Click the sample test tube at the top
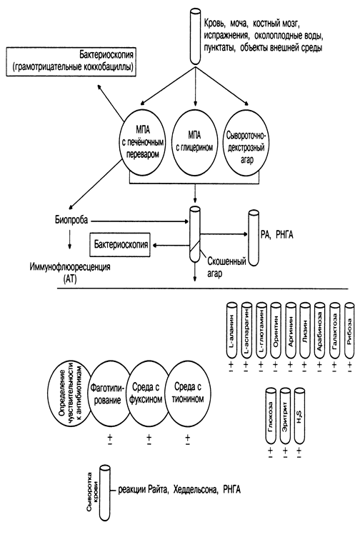(x=195, y=36)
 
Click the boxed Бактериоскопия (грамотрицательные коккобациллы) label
(x=71, y=61)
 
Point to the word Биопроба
(x=71, y=219)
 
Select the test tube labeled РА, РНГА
(x=254, y=238)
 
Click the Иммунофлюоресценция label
(x=70, y=267)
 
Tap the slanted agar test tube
(x=194, y=234)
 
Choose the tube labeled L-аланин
(x=231, y=330)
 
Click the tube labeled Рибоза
(x=349, y=330)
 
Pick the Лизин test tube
(x=305, y=330)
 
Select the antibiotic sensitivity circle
(x=71, y=394)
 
